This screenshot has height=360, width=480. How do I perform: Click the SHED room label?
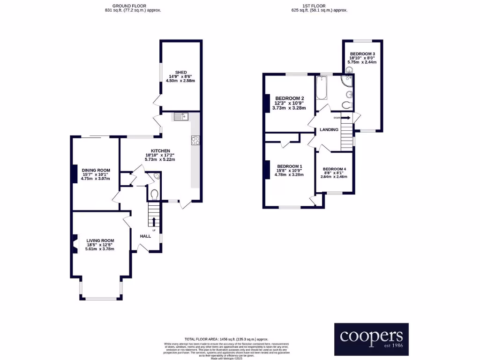(180, 72)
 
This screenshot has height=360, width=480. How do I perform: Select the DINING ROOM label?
(96, 170)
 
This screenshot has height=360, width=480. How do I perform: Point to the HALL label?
(145, 236)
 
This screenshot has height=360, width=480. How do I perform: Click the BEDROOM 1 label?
(289, 166)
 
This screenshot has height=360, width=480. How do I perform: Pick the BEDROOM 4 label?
(335, 169)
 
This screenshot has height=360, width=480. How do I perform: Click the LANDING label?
(329, 129)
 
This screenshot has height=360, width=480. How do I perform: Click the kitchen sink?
(180, 116)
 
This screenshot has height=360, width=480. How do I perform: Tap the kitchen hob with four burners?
(195, 140)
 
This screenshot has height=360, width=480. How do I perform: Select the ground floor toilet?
(154, 193)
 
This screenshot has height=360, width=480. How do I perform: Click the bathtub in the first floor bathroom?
(321, 89)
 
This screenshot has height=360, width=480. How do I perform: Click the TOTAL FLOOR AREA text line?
(226, 339)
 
